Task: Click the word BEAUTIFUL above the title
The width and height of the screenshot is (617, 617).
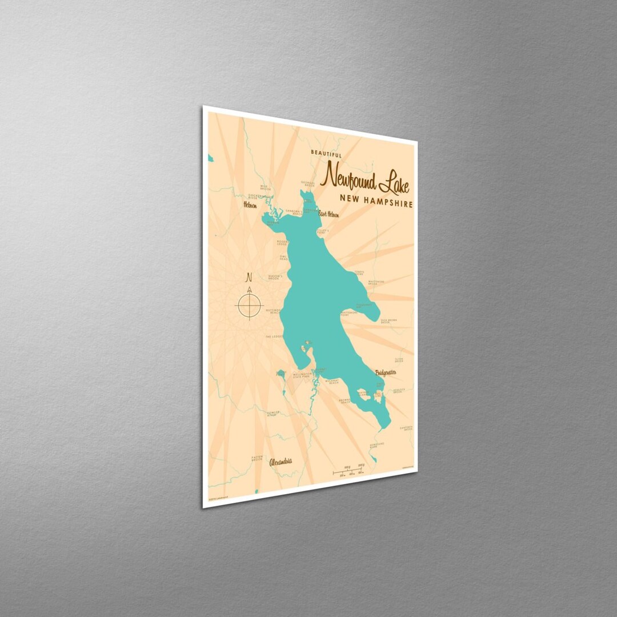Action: pos(327,154)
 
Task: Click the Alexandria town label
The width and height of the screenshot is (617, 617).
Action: pos(281,461)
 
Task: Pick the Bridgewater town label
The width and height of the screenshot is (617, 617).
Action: pos(386,372)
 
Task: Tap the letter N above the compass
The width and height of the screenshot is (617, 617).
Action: pos(249,278)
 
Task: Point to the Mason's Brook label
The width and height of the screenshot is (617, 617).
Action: pos(273,278)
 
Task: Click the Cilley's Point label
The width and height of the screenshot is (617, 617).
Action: pos(324,233)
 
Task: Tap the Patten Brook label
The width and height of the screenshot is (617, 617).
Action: pos(257,457)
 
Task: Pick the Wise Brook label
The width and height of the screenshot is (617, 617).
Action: pos(264,187)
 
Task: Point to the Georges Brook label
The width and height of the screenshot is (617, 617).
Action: pos(308,185)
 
